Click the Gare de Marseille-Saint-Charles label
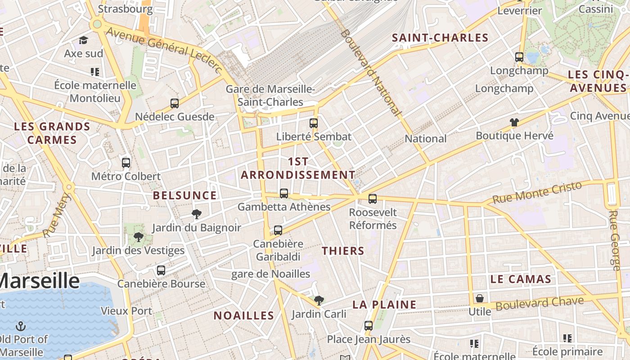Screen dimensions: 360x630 pos(270,95)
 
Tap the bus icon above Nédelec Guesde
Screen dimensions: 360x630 pos(175,103)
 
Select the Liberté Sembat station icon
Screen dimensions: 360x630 pos(314,123)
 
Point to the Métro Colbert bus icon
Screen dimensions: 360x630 pos(126,163)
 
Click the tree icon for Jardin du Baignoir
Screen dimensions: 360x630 pos(196,214)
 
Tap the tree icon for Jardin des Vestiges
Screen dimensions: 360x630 pos(139,237)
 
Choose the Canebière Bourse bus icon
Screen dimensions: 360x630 pos(161,270)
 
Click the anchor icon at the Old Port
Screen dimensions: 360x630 pos(21,326)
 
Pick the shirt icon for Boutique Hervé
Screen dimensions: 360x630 pos(514,122)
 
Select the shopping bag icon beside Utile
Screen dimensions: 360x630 pos(480,298)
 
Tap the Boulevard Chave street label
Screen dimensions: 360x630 pos(540,303)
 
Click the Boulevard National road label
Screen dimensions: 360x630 pos(370,72)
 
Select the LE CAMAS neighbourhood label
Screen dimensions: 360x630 pos(521,279)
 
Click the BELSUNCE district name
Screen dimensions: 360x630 pos(185,195)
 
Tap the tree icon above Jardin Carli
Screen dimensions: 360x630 pos(319,300)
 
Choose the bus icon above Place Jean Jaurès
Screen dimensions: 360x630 pos(369,326)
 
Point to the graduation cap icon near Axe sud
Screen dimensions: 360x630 pos(83,40)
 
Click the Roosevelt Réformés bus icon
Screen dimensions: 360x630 pos(373,199)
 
